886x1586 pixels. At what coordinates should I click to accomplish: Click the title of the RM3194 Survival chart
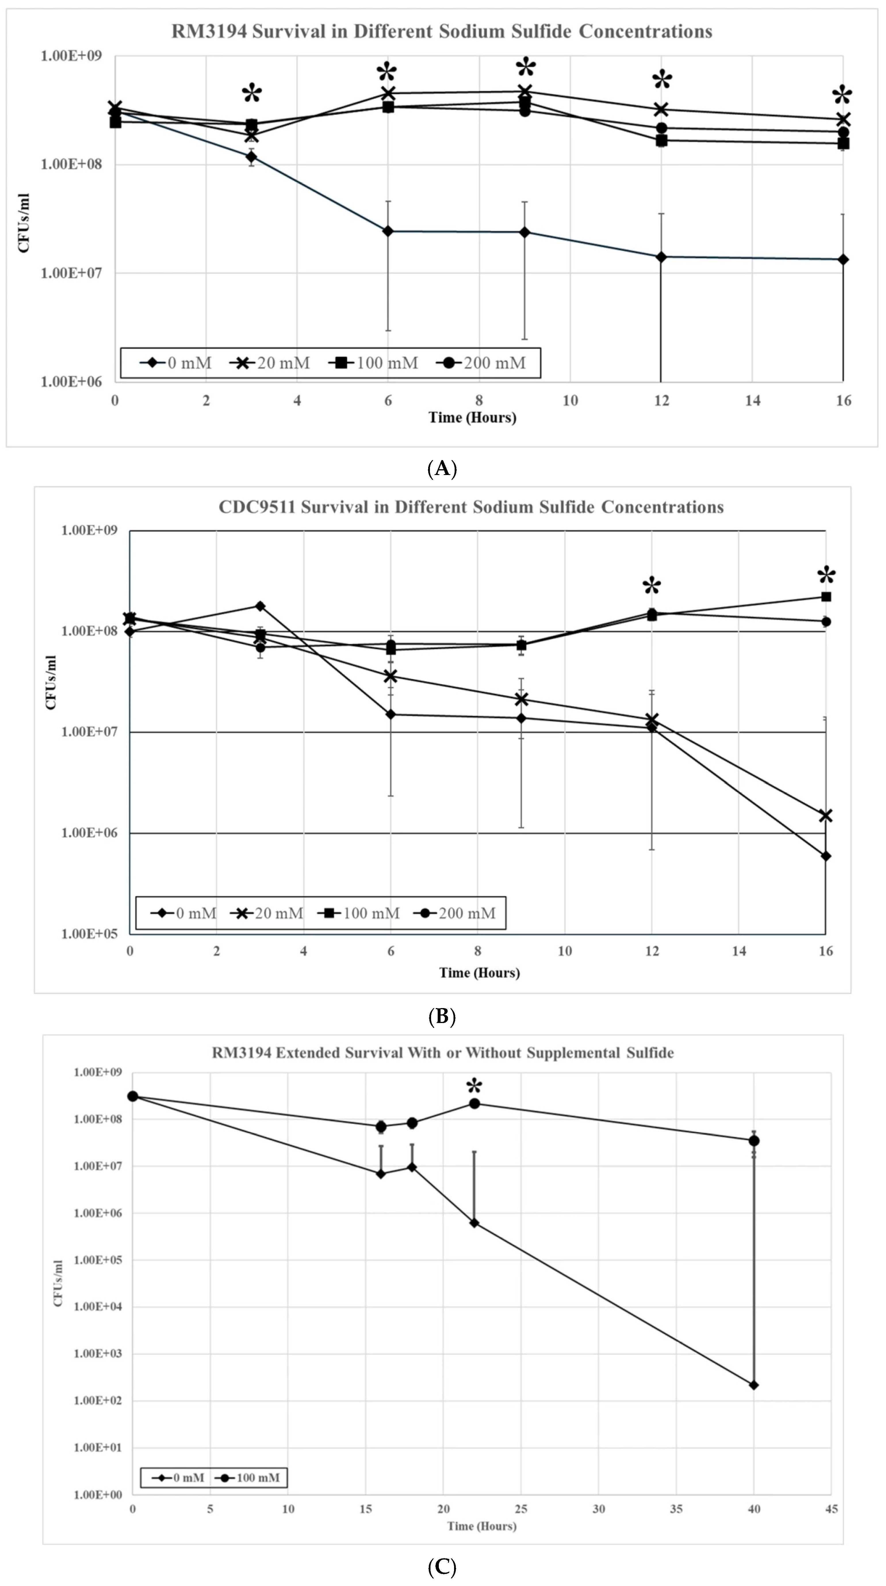point(441,31)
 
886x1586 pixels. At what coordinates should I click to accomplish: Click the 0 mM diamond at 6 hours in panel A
point(388,231)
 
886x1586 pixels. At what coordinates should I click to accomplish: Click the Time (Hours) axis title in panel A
point(472,417)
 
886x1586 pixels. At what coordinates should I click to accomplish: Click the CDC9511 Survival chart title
point(471,507)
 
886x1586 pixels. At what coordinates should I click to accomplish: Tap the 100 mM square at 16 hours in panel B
point(826,597)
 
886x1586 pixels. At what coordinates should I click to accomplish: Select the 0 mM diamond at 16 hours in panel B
point(826,856)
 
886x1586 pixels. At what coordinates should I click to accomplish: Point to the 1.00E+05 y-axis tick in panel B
point(89,933)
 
